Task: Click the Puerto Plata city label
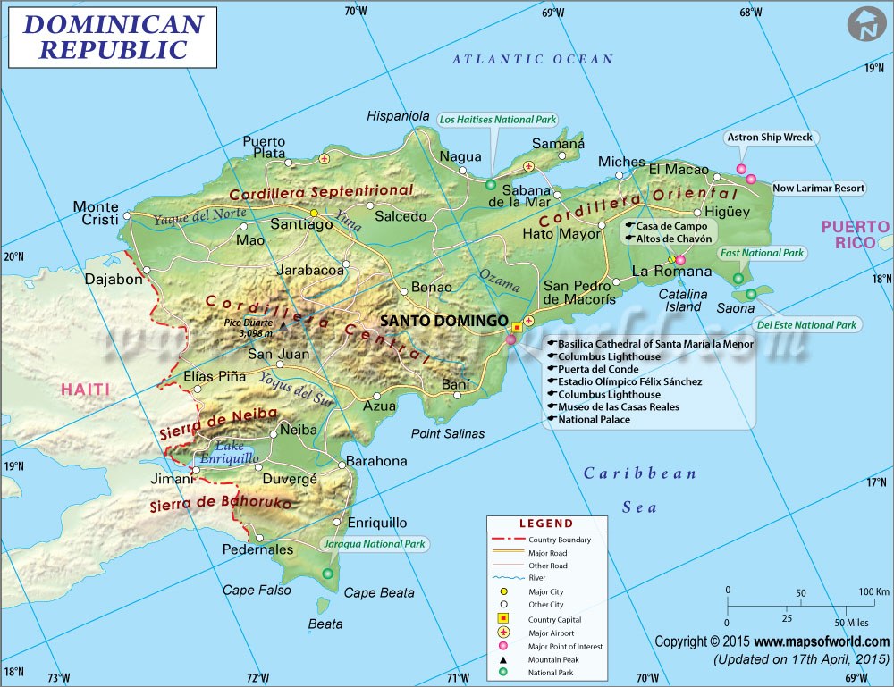(x=264, y=147)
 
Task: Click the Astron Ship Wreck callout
(x=769, y=138)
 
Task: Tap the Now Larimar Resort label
(x=818, y=188)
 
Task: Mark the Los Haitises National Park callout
(x=498, y=119)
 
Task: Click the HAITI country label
(x=86, y=390)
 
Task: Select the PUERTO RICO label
(x=856, y=234)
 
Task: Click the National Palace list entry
(x=594, y=419)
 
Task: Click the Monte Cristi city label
(x=96, y=214)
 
